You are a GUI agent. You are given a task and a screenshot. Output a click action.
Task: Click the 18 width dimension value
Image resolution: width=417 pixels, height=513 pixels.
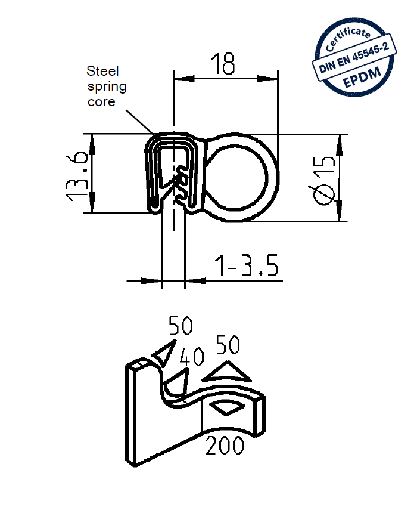[x=223, y=63]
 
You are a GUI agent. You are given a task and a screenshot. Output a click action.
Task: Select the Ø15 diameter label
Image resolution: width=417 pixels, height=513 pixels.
[x=323, y=178]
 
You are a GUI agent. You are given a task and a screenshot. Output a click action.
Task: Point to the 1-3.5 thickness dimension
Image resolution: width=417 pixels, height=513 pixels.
[x=247, y=267]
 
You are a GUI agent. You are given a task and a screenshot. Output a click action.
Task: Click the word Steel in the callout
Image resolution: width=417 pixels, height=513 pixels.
[x=103, y=71]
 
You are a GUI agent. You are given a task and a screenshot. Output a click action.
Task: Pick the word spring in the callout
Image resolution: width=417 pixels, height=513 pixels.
[x=107, y=86]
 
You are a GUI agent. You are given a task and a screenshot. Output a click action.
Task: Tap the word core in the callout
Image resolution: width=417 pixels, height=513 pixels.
[x=101, y=101]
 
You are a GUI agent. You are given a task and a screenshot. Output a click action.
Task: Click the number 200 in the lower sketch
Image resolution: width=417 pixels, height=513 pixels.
[x=225, y=446]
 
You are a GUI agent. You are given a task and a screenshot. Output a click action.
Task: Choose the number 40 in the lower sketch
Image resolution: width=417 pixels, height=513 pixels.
[x=192, y=357]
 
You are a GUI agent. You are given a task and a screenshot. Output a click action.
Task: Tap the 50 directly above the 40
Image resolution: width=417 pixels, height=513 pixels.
[x=181, y=326]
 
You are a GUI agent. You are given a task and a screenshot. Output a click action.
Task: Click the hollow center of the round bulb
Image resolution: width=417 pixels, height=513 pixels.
[x=241, y=177]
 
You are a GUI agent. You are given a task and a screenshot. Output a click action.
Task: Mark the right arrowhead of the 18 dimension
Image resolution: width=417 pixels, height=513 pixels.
[x=271, y=78]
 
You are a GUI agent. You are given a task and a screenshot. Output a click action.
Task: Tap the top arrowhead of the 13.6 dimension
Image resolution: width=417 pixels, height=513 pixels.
[x=92, y=141]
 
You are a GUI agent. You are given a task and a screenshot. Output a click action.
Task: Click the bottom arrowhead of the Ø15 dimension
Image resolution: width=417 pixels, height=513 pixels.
[x=340, y=214]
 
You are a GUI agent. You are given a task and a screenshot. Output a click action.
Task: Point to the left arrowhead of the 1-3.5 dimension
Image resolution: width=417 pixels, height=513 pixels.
[x=153, y=279]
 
